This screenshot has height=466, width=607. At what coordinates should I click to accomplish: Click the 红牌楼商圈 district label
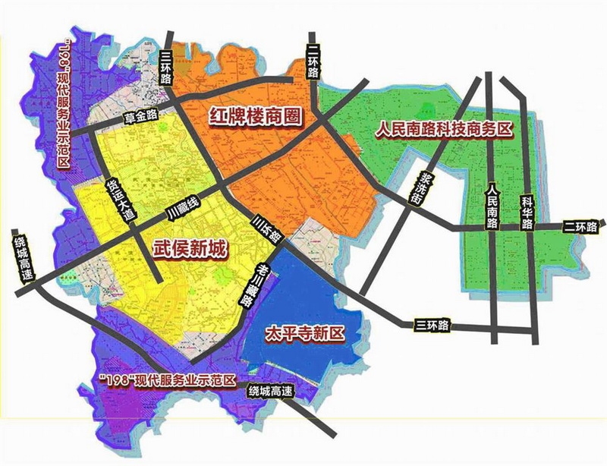(255, 116)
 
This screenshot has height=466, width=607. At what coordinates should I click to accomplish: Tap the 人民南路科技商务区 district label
(445, 130)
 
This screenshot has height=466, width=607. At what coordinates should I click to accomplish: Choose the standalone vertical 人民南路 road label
(492, 206)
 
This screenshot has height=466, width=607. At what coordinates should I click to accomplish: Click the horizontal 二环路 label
(580, 226)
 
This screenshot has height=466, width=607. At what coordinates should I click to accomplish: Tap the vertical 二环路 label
(314, 60)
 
